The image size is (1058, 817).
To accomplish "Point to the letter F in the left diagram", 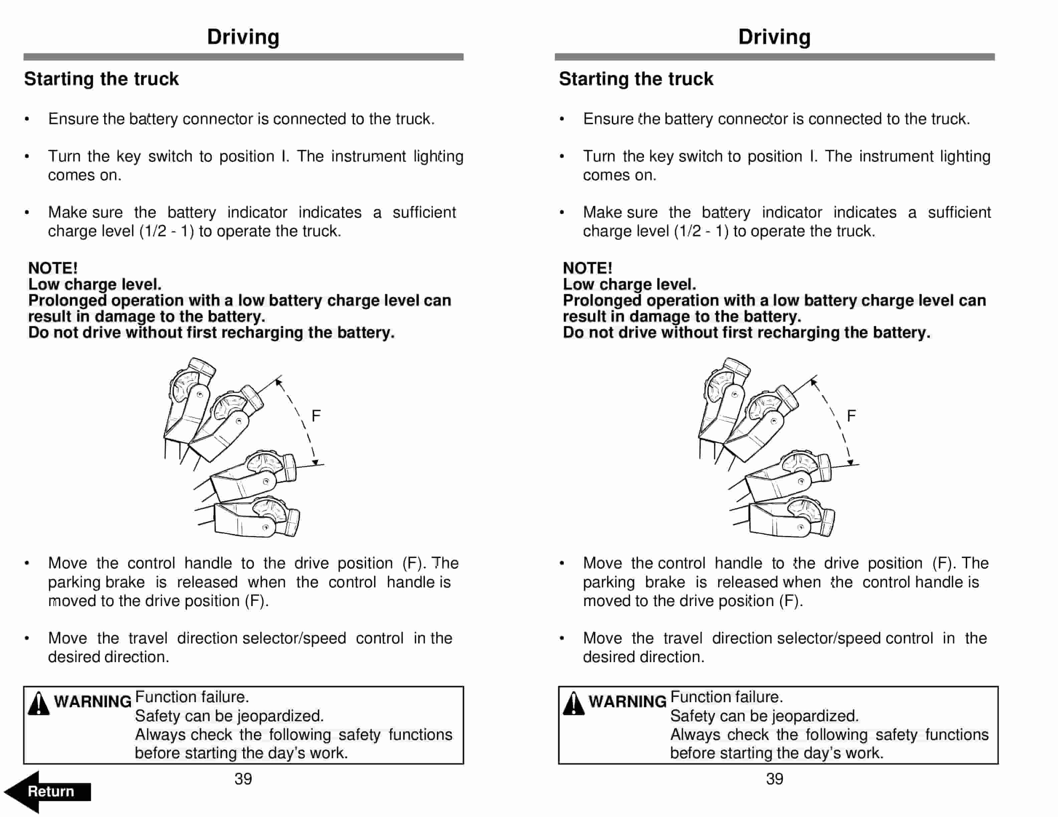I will (x=316, y=416).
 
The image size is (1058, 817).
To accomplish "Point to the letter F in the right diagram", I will (x=851, y=416).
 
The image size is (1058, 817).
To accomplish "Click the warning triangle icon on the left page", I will (x=38, y=704).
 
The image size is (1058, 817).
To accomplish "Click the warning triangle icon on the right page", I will (x=573, y=704).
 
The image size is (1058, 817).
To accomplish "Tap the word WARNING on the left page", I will (x=93, y=701).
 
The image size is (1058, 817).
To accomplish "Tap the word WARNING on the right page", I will (x=627, y=701).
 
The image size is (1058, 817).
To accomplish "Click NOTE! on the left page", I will (x=53, y=268).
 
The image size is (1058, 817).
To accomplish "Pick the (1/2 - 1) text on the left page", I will (x=167, y=231).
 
